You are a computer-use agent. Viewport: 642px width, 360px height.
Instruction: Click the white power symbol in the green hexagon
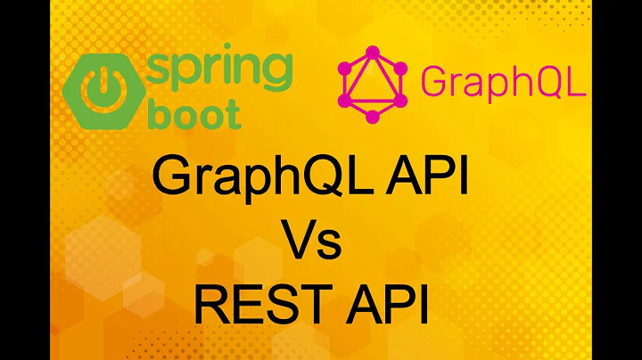(x=101, y=86)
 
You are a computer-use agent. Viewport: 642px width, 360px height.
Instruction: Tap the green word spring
(x=219, y=69)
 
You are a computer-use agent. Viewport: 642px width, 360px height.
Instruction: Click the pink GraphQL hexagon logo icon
(x=373, y=83)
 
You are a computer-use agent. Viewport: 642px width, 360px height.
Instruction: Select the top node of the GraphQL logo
(x=373, y=45)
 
